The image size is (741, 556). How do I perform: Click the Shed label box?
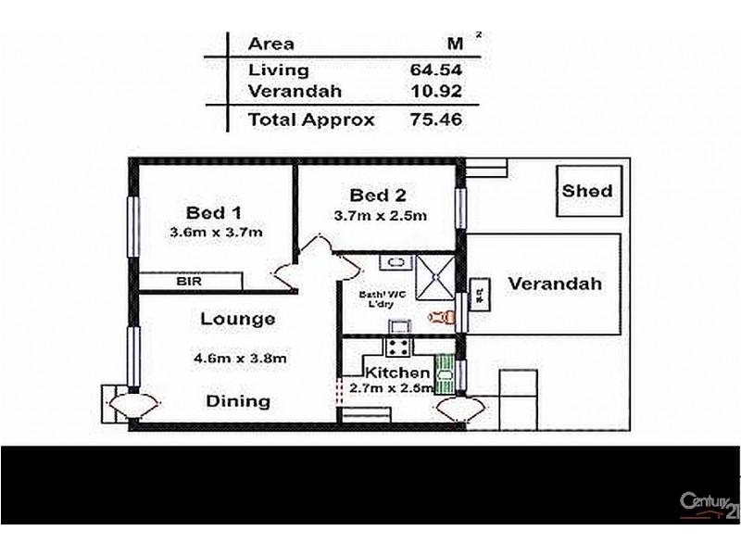tap(587, 191)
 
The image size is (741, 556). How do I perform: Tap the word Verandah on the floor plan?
tap(554, 284)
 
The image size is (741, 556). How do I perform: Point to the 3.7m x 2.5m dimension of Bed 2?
tap(380, 217)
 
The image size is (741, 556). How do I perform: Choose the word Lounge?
tap(237, 320)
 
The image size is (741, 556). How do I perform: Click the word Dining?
tap(237, 401)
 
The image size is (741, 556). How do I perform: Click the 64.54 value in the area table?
tap(435, 69)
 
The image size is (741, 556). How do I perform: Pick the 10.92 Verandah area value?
tap(435, 92)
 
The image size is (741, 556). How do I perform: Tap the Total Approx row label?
tap(311, 120)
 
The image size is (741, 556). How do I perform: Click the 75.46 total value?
tap(435, 120)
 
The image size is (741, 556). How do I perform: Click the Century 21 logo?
tap(710, 504)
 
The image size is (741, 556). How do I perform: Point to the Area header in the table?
tap(270, 44)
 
